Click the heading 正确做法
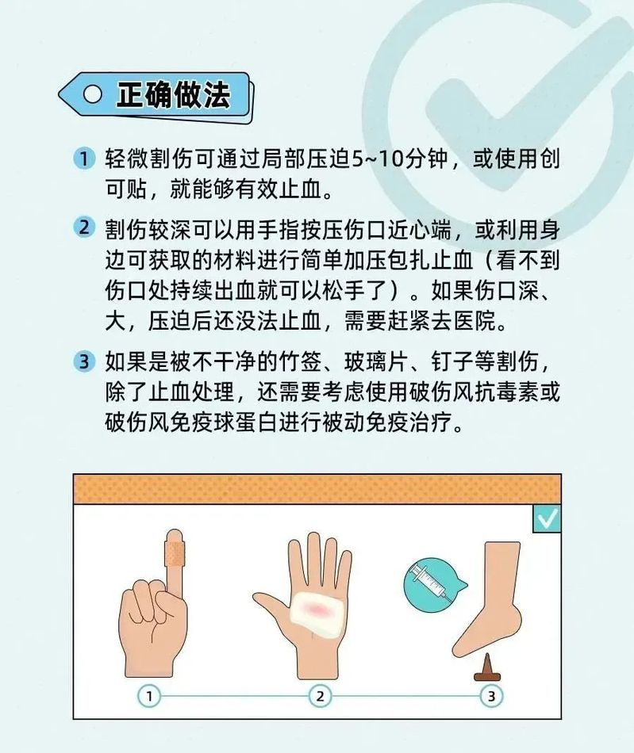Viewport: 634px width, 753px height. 174,94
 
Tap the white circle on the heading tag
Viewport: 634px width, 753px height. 92,94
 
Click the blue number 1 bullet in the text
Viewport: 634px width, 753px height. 84,158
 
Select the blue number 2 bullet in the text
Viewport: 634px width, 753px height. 84,227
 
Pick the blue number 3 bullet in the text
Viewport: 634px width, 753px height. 84,361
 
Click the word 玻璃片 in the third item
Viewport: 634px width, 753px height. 376,361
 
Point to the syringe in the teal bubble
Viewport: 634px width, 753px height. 430,583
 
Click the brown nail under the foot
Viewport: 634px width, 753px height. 487,668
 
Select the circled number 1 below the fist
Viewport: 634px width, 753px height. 149,696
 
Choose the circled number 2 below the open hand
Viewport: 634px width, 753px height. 320,696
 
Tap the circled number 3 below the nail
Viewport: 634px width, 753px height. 491,696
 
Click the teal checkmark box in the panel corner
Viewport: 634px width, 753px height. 547,518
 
